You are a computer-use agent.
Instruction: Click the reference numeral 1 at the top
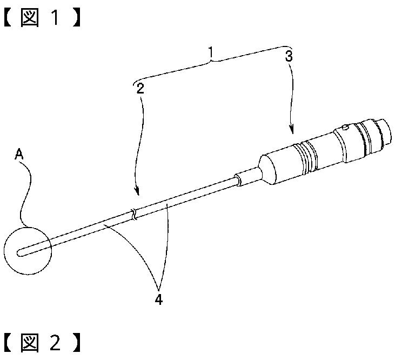click(x=212, y=54)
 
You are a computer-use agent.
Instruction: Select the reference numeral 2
click(x=140, y=89)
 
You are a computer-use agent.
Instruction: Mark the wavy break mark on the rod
click(x=133, y=215)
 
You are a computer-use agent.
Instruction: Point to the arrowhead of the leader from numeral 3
click(x=292, y=131)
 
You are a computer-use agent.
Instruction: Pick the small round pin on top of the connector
click(x=344, y=129)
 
